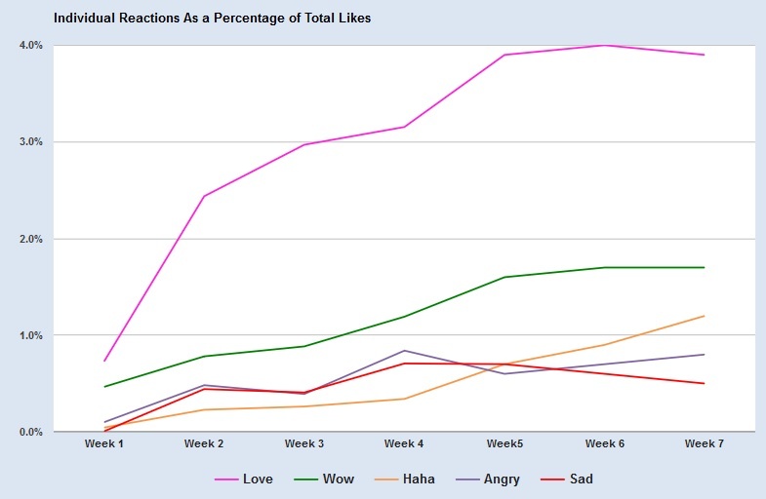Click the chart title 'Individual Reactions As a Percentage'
click(212, 18)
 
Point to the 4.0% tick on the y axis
click(30, 45)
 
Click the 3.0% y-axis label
click(30, 142)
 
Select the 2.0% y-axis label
click(30, 239)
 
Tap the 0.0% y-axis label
click(30, 432)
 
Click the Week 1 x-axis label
click(104, 444)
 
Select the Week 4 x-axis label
click(404, 444)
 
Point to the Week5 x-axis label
click(504, 444)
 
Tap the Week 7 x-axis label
click(704, 444)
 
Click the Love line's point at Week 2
click(204, 196)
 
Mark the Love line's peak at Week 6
click(604, 45)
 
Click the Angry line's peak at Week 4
click(404, 351)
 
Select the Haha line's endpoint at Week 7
click(704, 316)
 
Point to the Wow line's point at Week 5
click(504, 277)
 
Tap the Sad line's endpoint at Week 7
click(704, 383)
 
